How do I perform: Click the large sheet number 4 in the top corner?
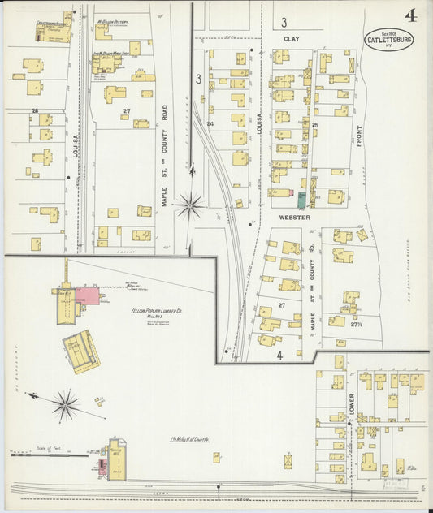click(413, 15)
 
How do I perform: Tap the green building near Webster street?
click(301, 199)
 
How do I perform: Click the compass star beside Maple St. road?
click(190, 205)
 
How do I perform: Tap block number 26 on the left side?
click(35, 110)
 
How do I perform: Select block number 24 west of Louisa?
click(210, 123)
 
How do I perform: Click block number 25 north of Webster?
click(314, 125)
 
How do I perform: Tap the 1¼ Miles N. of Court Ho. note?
click(190, 439)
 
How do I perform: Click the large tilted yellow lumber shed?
click(81, 351)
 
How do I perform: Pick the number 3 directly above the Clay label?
click(284, 22)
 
